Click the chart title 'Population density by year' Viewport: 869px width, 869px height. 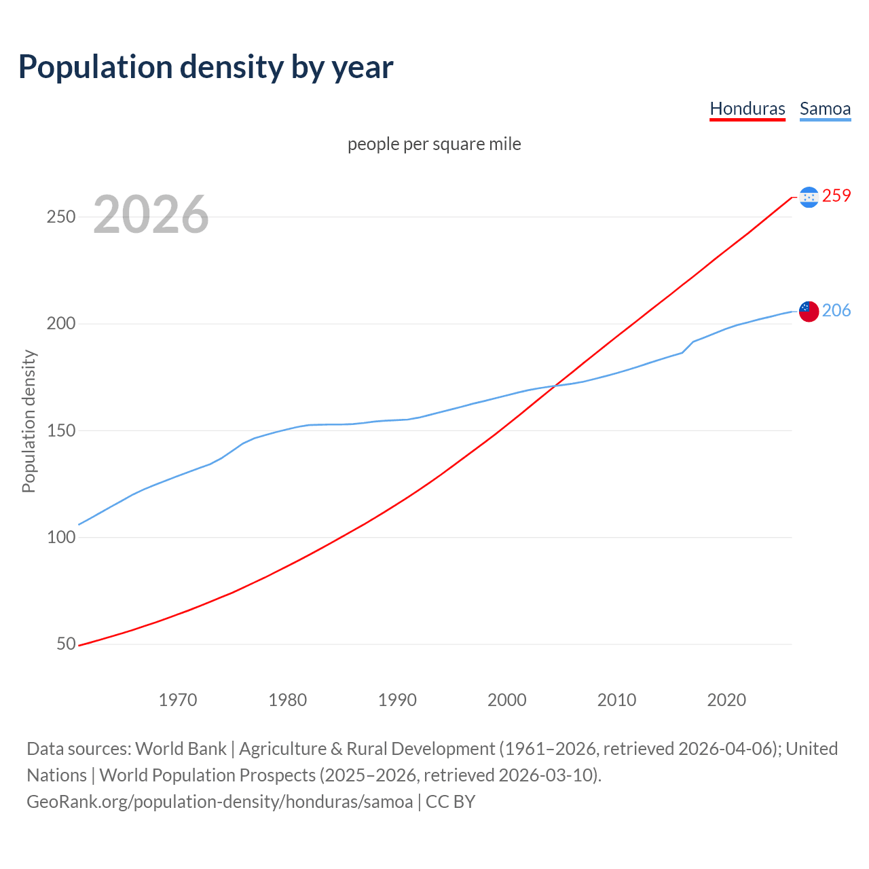pos(206,67)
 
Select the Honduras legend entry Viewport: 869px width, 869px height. pos(747,109)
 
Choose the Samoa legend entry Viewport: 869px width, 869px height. pos(825,109)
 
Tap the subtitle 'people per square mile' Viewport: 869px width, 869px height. pos(434,144)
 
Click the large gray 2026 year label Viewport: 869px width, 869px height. pos(151,215)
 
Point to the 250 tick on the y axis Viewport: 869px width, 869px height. pos(60,217)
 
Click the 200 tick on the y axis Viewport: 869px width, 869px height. pos(60,324)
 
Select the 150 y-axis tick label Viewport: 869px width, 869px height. pos(60,430)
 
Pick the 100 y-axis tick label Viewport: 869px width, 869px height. pos(60,537)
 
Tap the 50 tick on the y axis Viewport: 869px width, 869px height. pos(66,644)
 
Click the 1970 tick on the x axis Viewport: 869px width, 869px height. pos(178,699)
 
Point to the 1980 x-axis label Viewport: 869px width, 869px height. pos(287,699)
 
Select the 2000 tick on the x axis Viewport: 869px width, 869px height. pos(506,699)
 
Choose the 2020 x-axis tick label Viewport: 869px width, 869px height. pos(726,699)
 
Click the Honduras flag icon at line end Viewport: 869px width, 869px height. pos(809,197)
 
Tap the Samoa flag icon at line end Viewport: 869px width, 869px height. pos(809,311)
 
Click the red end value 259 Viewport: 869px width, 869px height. pos(836,196)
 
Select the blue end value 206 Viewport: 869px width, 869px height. pos(836,310)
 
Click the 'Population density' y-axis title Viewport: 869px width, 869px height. pos(29,421)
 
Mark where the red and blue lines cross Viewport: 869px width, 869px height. pos(555,386)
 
